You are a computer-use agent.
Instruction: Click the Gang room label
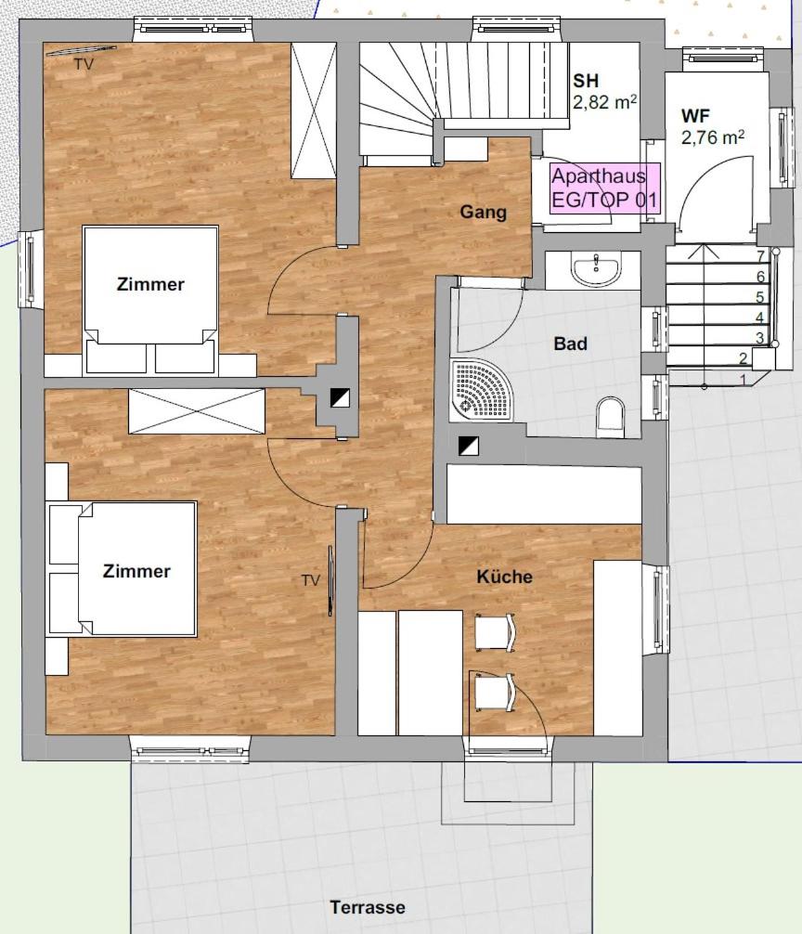tap(483, 212)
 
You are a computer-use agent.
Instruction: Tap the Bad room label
tap(570, 344)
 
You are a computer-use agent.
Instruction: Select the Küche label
tap(504, 577)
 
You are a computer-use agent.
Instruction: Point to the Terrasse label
tap(368, 907)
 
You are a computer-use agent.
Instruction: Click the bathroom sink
tap(596, 270)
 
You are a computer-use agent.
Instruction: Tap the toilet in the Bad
tap(610, 413)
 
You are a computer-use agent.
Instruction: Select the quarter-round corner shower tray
tap(481, 390)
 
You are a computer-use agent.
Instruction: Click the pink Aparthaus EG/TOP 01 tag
tap(604, 188)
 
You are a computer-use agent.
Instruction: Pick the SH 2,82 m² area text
tap(603, 92)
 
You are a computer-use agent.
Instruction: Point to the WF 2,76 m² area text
tap(712, 127)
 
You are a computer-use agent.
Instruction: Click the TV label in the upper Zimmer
tap(84, 64)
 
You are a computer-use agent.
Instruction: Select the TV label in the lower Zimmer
tap(310, 580)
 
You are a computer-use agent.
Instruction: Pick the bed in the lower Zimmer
tap(123, 570)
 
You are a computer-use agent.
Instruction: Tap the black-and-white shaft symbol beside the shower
tap(468, 447)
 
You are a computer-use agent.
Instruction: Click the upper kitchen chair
tap(494, 632)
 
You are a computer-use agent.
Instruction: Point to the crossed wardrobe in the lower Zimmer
tap(197, 411)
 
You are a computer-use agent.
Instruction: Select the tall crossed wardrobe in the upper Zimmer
tap(313, 110)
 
